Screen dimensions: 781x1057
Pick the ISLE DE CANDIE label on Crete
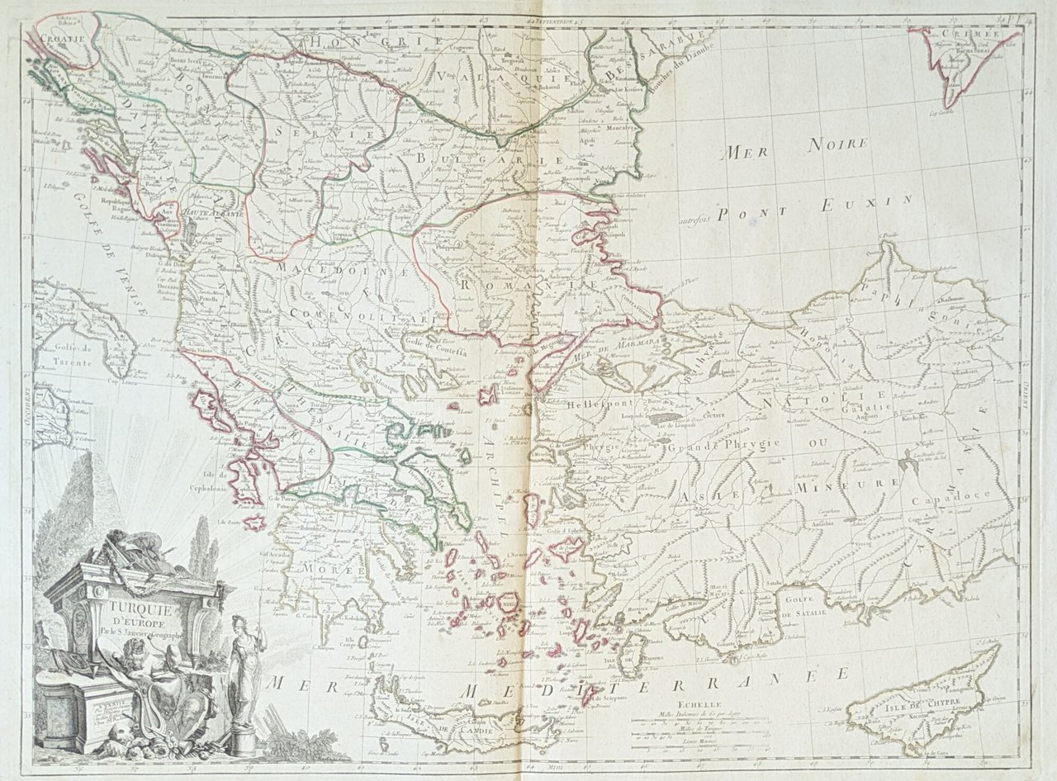click(447, 727)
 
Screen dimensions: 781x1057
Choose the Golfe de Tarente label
click(92, 352)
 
